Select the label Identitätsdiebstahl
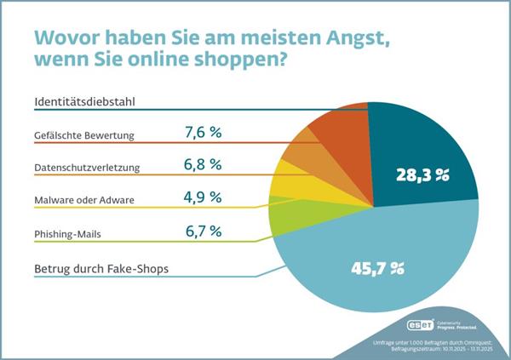click(x=86, y=103)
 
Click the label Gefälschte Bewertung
click(x=85, y=135)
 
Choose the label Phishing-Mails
click(x=70, y=230)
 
